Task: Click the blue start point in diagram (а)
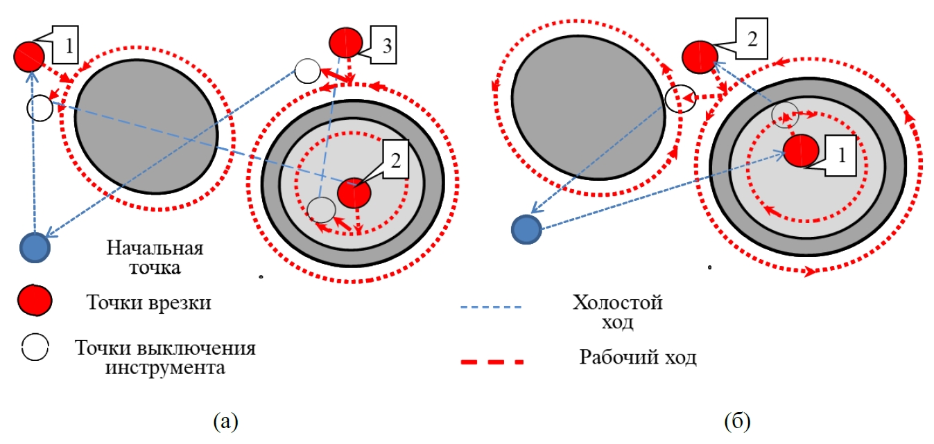coord(35,247)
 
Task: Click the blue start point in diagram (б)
coord(526,229)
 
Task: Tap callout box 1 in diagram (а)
coord(67,46)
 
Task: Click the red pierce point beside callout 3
coord(345,42)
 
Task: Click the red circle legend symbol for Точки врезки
coord(35,301)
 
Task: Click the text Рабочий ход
coord(637,358)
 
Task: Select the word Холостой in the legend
coord(618,303)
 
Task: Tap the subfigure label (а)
coord(227,420)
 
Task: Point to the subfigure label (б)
coord(737,420)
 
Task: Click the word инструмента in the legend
coord(165,367)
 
